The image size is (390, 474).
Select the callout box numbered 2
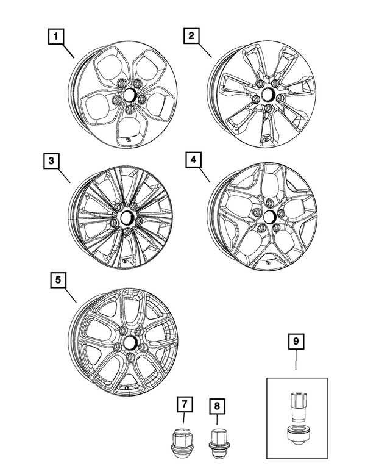(191, 37)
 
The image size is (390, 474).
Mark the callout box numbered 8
(216, 406)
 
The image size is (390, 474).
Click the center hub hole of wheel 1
(129, 96)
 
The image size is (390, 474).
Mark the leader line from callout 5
(69, 295)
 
